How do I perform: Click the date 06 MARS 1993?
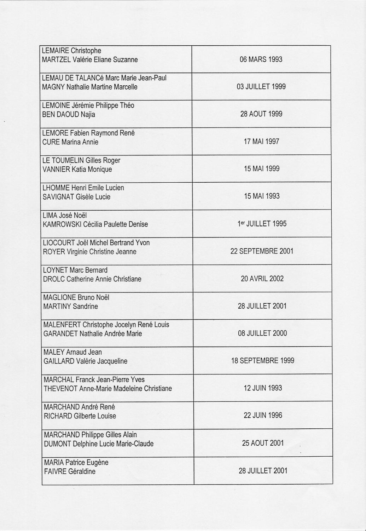(x=261, y=59)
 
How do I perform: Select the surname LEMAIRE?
(x=55, y=51)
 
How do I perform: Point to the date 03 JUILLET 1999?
(x=261, y=87)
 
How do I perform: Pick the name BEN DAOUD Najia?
(x=69, y=114)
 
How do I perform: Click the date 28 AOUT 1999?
(x=261, y=114)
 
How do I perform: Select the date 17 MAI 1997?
(x=261, y=142)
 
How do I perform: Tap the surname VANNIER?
(x=56, y=169)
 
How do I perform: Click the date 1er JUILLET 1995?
(x=262, y=224)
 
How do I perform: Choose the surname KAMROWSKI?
(x=59, y=224)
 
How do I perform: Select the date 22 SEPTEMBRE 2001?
(x=262, y=251)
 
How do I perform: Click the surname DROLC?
(x=54, y=279)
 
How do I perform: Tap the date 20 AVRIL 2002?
(x=262, y=279)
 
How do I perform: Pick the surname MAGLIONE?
(x=59, y=297)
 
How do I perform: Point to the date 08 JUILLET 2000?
(x=262, y=333)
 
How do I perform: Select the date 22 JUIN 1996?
(x=263, y=415)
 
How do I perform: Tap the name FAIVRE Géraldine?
(x=70, y=471)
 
